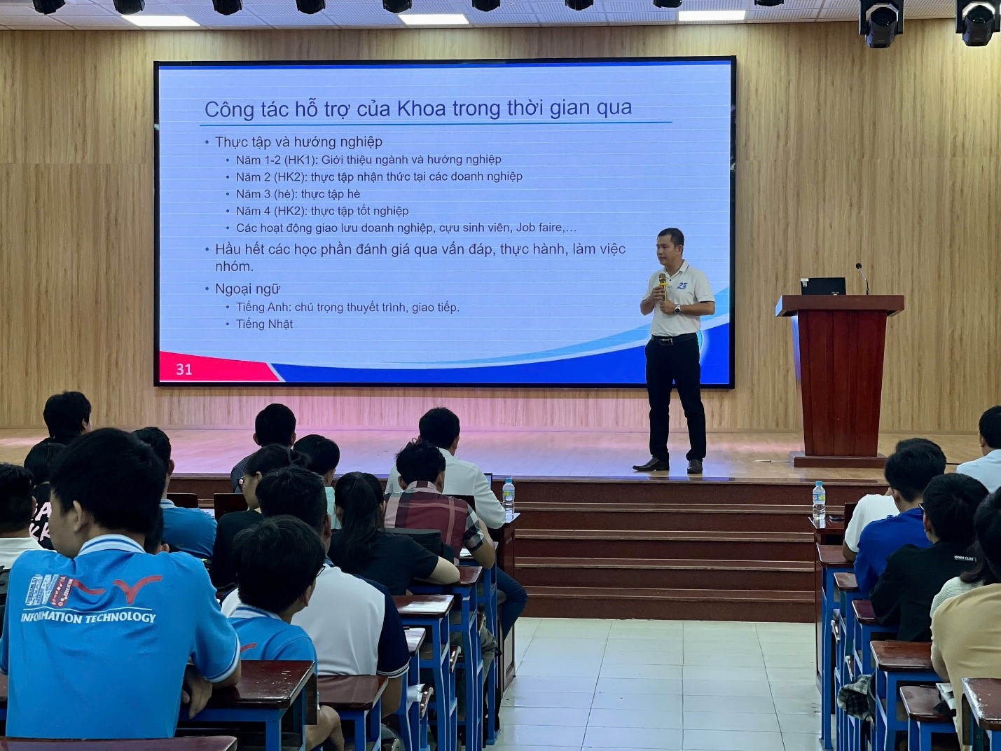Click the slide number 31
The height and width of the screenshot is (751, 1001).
click(x=184, y=369)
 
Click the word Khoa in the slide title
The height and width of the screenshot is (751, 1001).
click(x=422, y=109)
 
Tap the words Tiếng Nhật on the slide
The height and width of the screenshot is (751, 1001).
click(x=264, y=324)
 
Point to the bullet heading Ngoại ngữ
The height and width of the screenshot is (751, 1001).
click(x=248, y=289)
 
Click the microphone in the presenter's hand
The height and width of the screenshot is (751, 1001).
click(x=663, y=287)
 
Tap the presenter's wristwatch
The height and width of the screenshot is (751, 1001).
click(x=677, y=308)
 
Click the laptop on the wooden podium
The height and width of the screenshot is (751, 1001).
click(x=823, y=287)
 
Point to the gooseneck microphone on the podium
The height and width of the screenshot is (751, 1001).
click(x=863, y=278)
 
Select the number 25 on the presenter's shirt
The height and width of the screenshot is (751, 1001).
click(x=682, y=286)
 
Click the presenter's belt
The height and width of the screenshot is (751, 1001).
click(x=674, y=339)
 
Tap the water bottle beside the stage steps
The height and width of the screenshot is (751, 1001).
click(x=509, y=496)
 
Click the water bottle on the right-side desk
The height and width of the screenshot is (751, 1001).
click(x=819, y=500)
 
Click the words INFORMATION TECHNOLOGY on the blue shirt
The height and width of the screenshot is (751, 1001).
click(x=88, y=617)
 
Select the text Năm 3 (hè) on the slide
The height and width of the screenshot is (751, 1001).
click(x=266, y=194)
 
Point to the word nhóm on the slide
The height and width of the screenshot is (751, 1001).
click(x=234, y=267)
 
